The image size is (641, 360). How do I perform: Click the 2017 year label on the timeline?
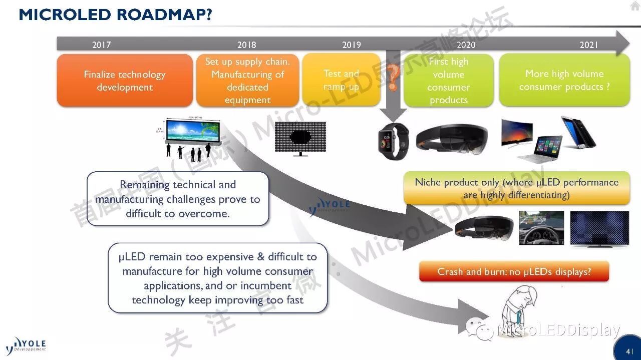[101, 45]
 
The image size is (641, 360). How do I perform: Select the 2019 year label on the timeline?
[352, 45]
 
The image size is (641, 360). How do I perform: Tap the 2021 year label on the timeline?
[589, 45]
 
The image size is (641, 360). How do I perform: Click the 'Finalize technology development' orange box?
[125, 81]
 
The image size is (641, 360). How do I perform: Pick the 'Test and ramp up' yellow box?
[341, 80]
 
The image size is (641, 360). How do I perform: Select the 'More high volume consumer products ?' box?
[564, 80]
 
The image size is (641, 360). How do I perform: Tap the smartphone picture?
[578, 132]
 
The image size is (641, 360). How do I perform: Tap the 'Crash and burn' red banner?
[514, 272]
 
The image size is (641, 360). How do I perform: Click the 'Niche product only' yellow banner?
[516, 188]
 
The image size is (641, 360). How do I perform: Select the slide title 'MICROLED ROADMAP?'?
[116, 15]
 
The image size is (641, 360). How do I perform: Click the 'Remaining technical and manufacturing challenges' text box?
[178, 199]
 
